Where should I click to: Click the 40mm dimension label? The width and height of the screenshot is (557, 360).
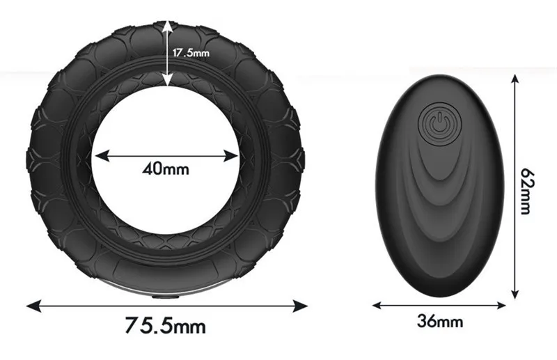point(166,168)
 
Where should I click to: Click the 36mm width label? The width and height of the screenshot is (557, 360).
point(440,322)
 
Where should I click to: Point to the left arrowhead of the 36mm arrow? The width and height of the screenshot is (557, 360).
point(377,304)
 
